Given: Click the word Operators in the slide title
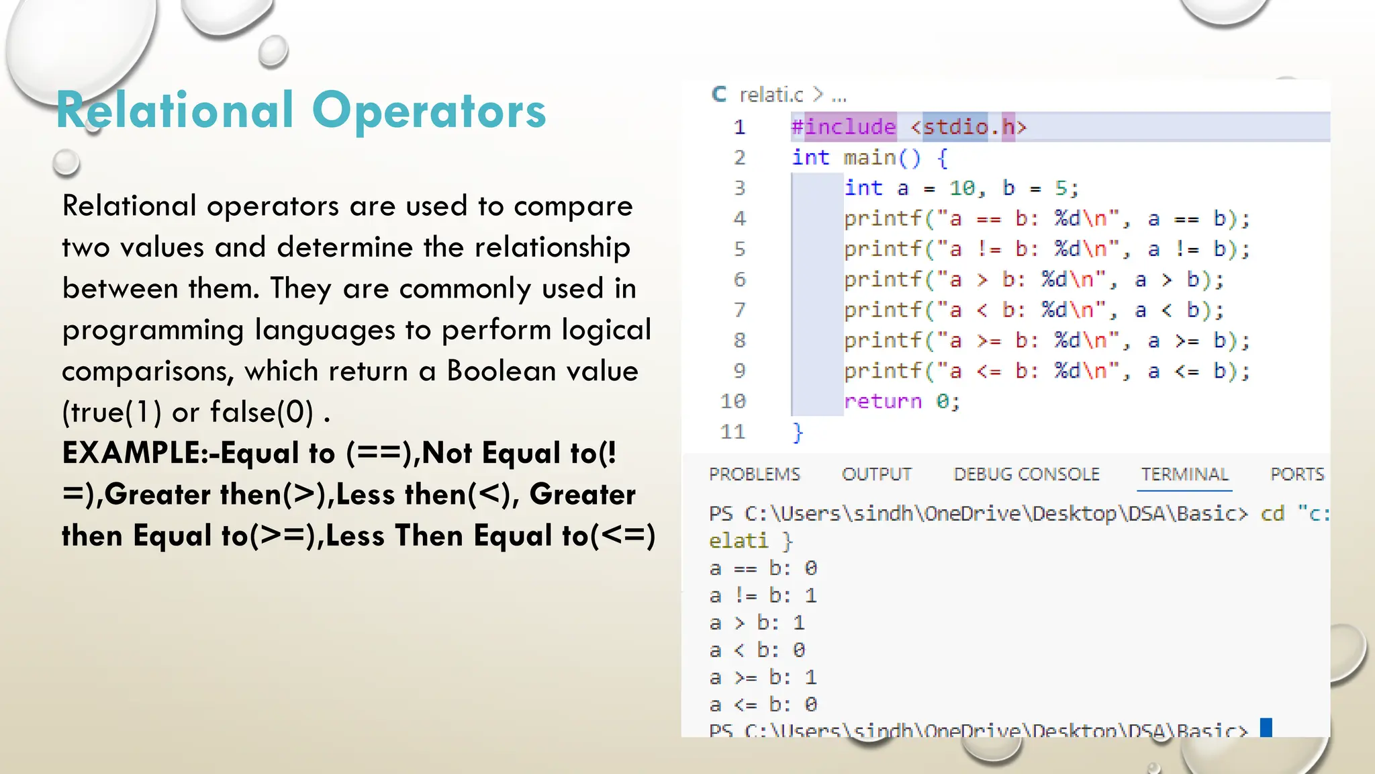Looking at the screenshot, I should [429, 111].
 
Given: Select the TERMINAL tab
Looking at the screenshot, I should [1185, 474].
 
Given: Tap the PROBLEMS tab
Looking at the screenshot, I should [755, 474].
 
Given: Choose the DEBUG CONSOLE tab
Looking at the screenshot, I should [1027, 474].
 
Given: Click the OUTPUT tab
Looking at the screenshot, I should [877, 474].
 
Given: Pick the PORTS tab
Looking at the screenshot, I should [1297, 474].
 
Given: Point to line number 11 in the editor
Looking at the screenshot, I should [733, 431].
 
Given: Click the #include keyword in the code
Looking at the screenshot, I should [844, 127].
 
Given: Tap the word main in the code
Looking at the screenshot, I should [869, 158].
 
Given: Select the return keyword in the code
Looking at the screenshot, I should [883, 401].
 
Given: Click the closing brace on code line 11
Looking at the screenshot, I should [798, 431].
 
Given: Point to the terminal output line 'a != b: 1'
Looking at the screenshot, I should [763, 595].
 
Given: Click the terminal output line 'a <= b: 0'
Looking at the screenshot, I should [763, 704].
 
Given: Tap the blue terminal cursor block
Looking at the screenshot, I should [1266, 727].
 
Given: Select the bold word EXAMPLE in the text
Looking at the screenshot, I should [130, 453].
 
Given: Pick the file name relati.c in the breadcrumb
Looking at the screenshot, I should [771, 95].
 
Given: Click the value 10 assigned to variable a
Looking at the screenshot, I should [961, 188].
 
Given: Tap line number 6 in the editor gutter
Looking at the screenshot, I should [739, 279].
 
